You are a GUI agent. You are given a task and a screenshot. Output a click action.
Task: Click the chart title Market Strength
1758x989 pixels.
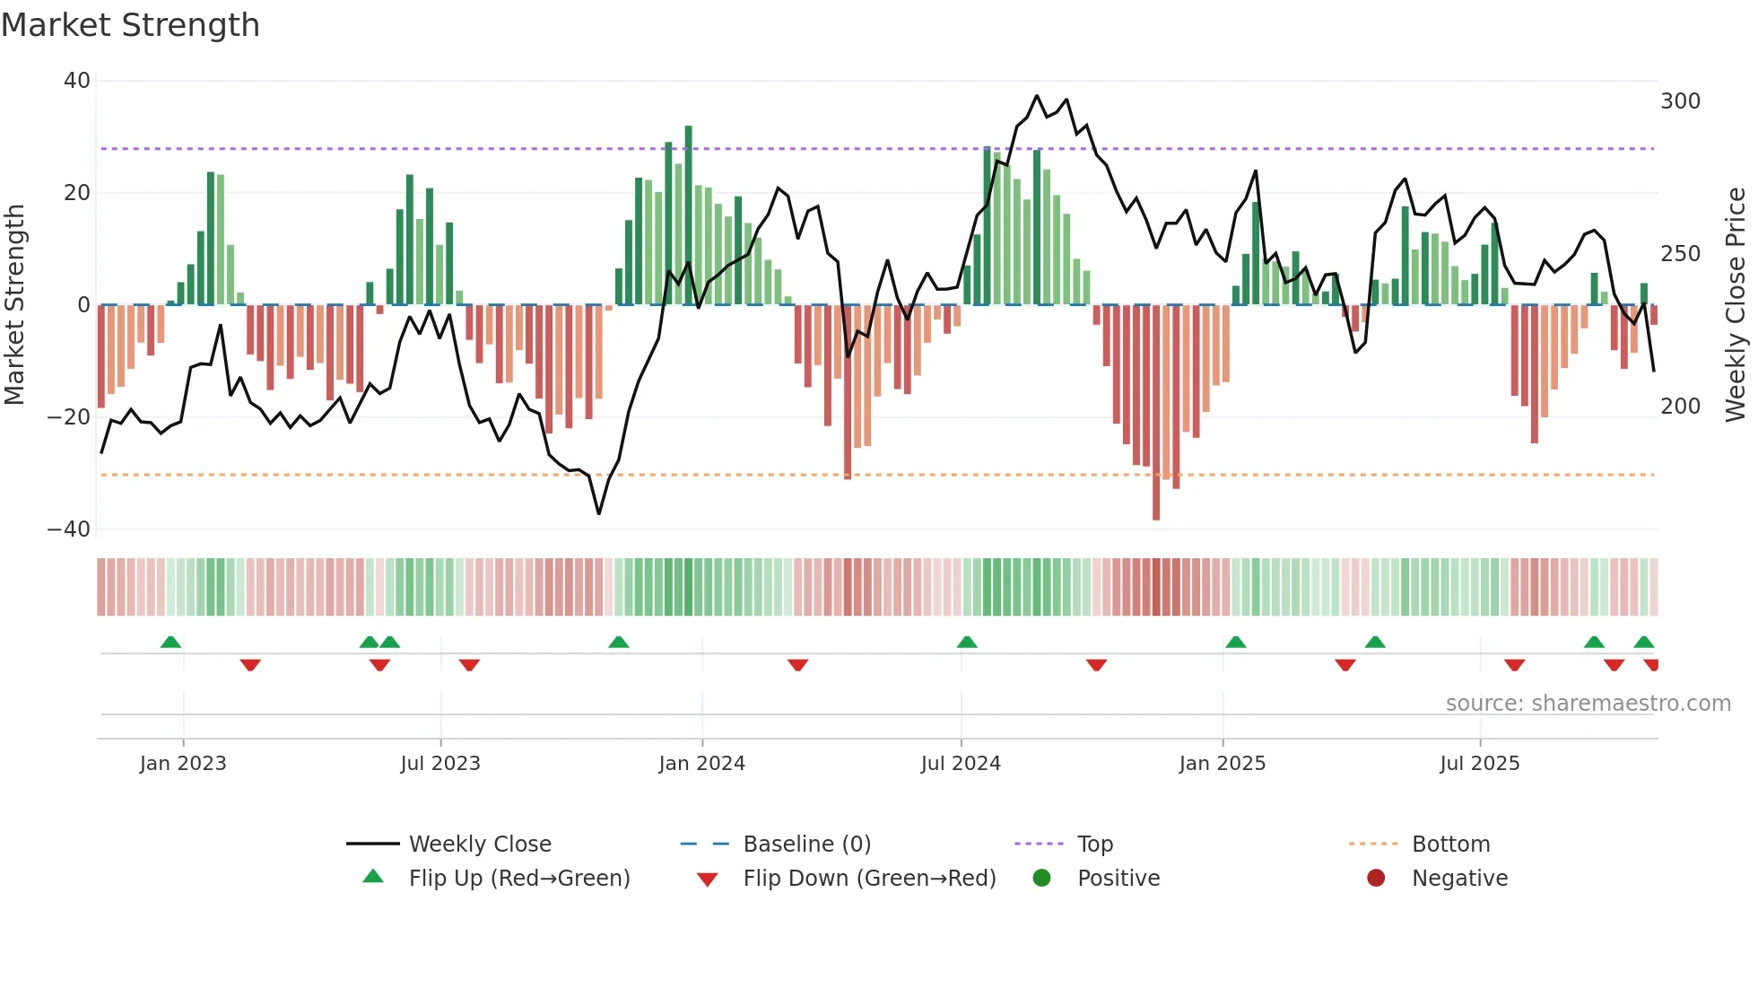tap(130, 25)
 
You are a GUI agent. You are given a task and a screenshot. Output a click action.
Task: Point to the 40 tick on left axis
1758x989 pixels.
tap(77, 81)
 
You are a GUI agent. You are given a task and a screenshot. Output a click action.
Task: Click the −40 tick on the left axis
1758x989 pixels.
tap(69, 530)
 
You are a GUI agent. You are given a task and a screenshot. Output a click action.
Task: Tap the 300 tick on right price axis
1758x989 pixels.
tap(1680, 101)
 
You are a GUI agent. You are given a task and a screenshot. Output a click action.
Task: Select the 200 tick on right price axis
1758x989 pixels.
tap(1680, 407)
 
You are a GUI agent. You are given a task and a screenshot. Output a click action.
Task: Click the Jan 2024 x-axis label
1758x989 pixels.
tap(701, 764)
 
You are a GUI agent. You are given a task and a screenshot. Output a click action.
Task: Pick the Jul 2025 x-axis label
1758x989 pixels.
tap(1479, 764)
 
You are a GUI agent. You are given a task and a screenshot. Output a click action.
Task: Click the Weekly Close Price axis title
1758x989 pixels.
tap(1736, 305)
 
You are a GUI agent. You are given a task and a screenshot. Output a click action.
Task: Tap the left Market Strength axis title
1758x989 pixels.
tap(15, 305)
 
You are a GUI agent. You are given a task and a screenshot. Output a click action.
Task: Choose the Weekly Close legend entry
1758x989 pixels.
tap(480, 845)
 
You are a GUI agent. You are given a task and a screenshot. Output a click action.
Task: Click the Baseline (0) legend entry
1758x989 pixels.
tap(806, 845)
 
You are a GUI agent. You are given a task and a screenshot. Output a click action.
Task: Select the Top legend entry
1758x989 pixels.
tap(1094, 845)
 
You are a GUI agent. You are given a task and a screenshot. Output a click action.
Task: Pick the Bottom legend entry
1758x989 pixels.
tap(1450, 845)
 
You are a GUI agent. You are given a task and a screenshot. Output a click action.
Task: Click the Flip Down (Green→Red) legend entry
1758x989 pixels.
tap(868, 879)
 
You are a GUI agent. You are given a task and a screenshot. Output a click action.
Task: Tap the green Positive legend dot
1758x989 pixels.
tap(1041, 879)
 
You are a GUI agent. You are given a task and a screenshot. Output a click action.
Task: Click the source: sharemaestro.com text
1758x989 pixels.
tap(1588, 704)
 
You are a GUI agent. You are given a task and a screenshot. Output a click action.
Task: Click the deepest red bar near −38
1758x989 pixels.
tap(1156, 413)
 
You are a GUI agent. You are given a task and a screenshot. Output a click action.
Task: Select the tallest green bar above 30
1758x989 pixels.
tap(689, 215)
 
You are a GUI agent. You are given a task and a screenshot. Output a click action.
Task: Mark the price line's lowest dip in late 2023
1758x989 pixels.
tap(599, 513)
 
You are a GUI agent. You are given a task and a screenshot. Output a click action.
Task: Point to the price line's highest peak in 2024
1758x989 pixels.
tap(1037, 96)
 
